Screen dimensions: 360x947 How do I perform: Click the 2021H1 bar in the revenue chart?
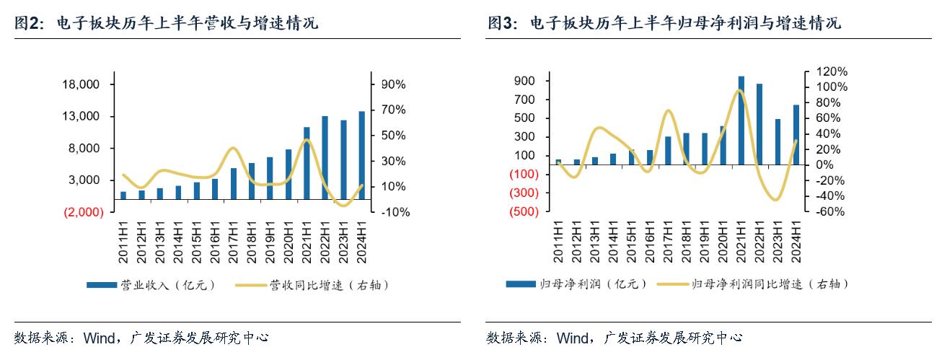[307, 163]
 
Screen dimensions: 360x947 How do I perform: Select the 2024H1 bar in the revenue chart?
[362, 155]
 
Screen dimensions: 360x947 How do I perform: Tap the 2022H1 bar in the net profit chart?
[759, 124]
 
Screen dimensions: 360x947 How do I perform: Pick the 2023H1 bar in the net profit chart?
[778, 141]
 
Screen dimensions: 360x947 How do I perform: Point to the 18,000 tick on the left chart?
[81, 84]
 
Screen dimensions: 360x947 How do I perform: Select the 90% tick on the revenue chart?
[393, 84]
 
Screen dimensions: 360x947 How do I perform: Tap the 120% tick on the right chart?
[831, 71]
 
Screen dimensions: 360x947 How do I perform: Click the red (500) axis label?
[523, 211]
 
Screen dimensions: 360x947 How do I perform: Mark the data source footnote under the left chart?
[141, 338]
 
